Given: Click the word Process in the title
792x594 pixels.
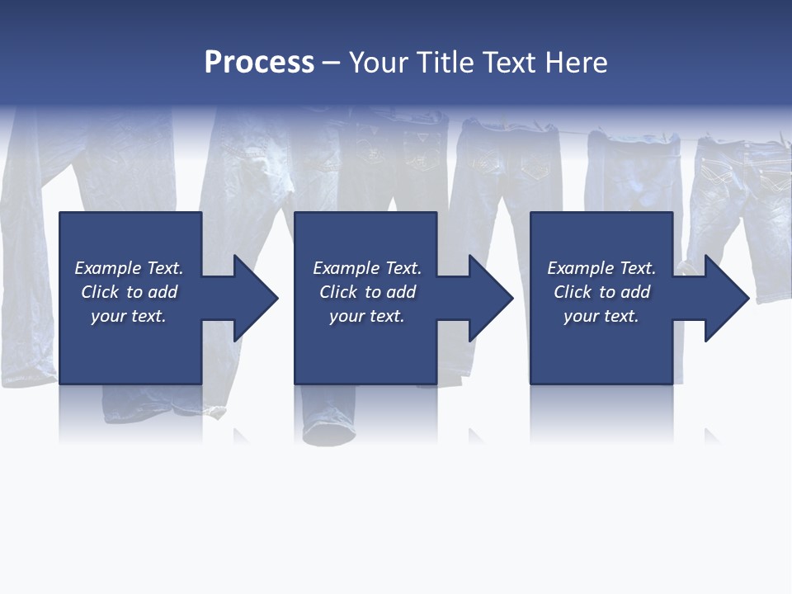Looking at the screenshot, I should (259, 63).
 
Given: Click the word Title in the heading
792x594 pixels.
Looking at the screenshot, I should (444, 63).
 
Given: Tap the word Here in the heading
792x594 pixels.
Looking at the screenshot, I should (577, 63).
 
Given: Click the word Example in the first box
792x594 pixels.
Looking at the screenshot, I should (108, 268).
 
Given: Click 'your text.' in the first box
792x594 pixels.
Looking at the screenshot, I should (129, 316).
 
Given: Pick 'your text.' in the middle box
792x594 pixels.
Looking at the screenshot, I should (366, 316).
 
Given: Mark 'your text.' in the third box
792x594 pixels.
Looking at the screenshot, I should (601, 316).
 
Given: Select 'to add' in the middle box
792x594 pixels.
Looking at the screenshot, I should (390, 292).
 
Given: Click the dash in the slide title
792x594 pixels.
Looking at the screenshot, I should (331, 63).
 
